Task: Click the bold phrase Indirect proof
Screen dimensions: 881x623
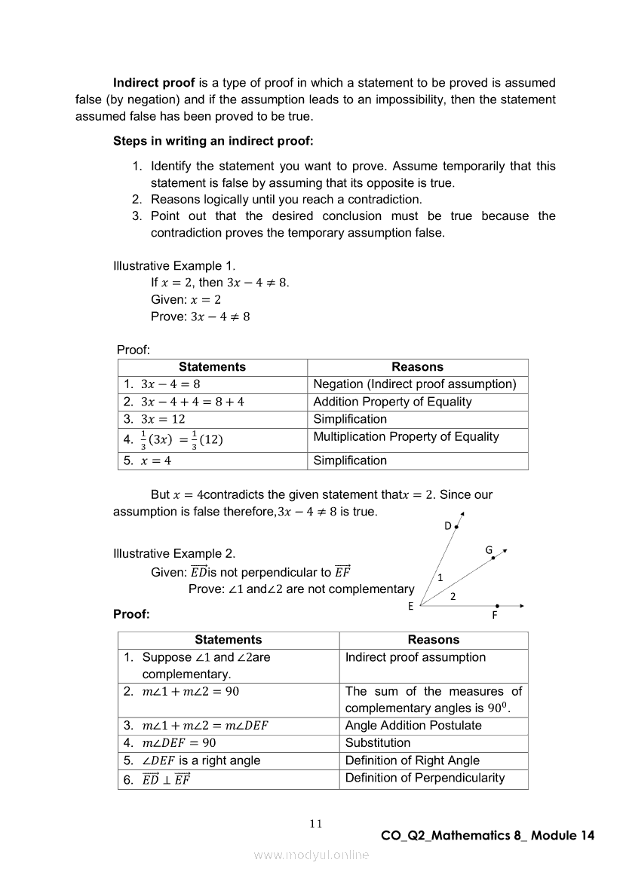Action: [154, 83]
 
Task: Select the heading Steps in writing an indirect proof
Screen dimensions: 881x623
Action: [213, 141]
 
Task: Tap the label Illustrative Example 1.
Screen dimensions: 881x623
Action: [174, 266]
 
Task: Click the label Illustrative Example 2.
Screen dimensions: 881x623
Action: [174, 554]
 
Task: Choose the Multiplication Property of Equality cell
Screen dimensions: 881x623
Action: [406, 436]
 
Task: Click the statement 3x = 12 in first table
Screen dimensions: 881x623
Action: [163, 419]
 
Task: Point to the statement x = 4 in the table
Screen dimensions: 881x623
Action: [156, 460]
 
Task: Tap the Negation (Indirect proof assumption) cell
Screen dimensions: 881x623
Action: [415, 384]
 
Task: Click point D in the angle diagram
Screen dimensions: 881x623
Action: [448, 526]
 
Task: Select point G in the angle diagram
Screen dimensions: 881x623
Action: [489, 550]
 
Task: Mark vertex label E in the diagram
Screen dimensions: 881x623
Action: [411, 606]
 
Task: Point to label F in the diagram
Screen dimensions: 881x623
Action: [495, 615]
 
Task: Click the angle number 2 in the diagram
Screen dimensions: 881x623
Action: [453, 596]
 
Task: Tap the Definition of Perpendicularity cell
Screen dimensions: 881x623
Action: [425, 778]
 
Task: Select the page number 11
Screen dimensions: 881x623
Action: [315, 824]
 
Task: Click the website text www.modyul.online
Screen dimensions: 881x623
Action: [311, 855]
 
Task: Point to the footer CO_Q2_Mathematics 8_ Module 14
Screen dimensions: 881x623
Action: [487, 836]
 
